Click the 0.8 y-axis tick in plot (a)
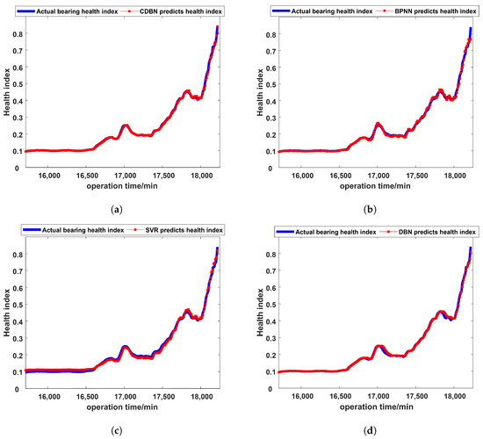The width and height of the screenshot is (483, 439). point(15,34)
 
